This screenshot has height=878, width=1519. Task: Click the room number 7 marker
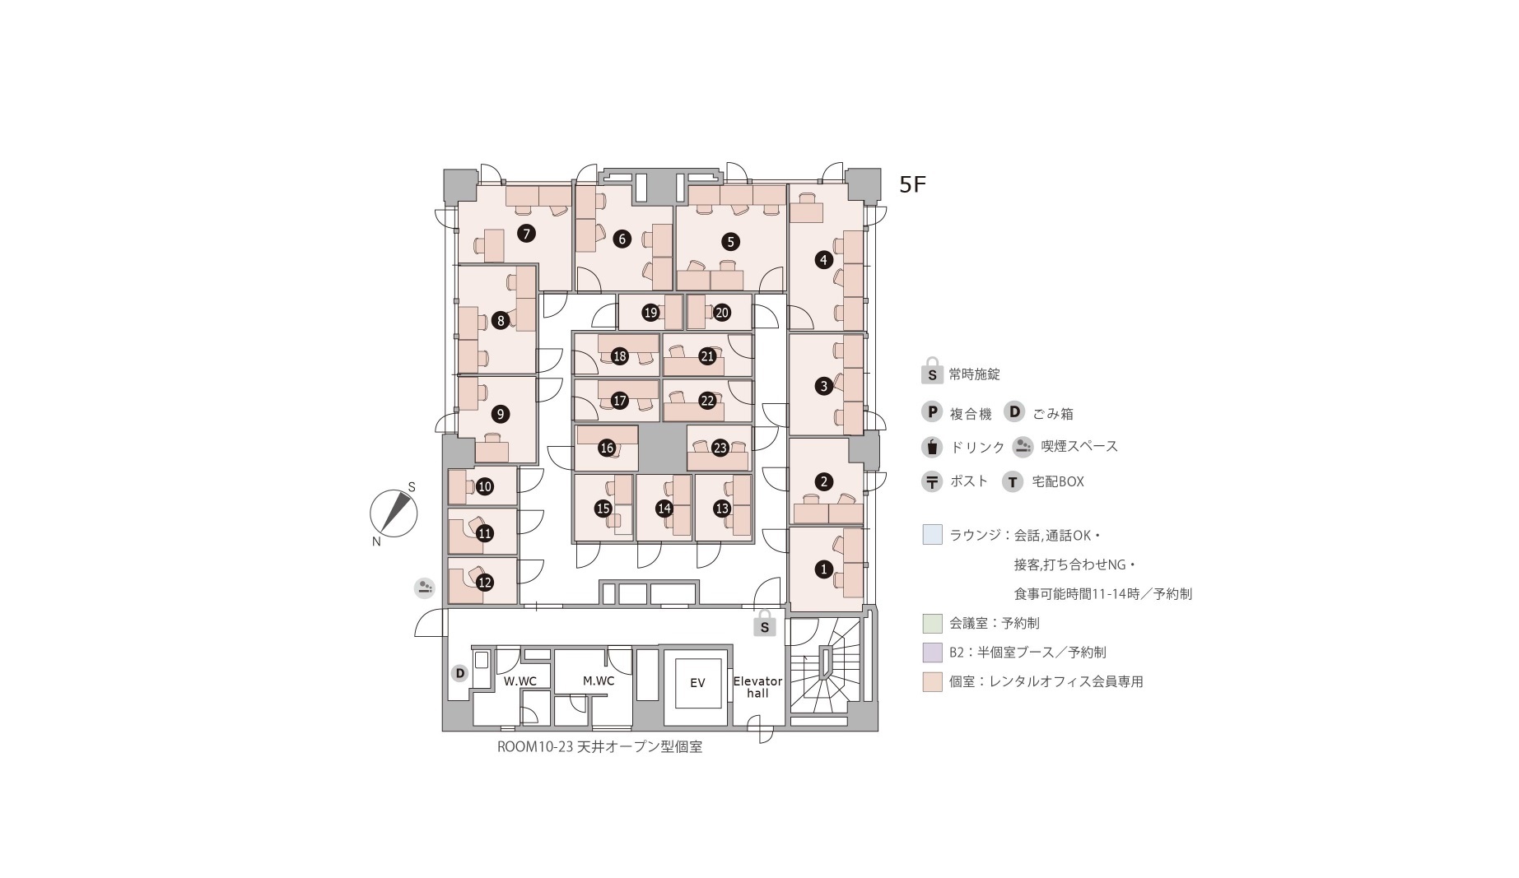coord(526,234)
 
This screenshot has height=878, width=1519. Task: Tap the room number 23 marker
coord(720,448)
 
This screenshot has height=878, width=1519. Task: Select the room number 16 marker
coord(607,448)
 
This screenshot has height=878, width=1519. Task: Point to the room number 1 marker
coord(823,569)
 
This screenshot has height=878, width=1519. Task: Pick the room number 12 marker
coord(485,583)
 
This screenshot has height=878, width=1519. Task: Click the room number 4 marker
coord(823,261)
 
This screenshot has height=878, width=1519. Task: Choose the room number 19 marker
coord(650,313)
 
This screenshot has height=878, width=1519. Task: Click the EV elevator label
coord(697,683)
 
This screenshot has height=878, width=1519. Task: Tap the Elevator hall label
coord(757,687)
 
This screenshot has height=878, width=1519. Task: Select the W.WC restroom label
coord(520,681)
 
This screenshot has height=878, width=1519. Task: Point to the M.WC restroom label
coord(599,681)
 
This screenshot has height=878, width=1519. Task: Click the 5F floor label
coord(912,184)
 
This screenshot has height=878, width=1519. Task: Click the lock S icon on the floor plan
coord(765,624)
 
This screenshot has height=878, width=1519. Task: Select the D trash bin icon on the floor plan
coord(460,673)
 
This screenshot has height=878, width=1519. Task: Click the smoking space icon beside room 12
coord(424,588)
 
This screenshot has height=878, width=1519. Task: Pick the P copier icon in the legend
coord(932,412)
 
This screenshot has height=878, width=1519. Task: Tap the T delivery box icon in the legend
coord(1013,481)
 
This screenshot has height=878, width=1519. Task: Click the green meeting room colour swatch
coord(932,623)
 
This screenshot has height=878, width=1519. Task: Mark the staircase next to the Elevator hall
coord(825,667)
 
